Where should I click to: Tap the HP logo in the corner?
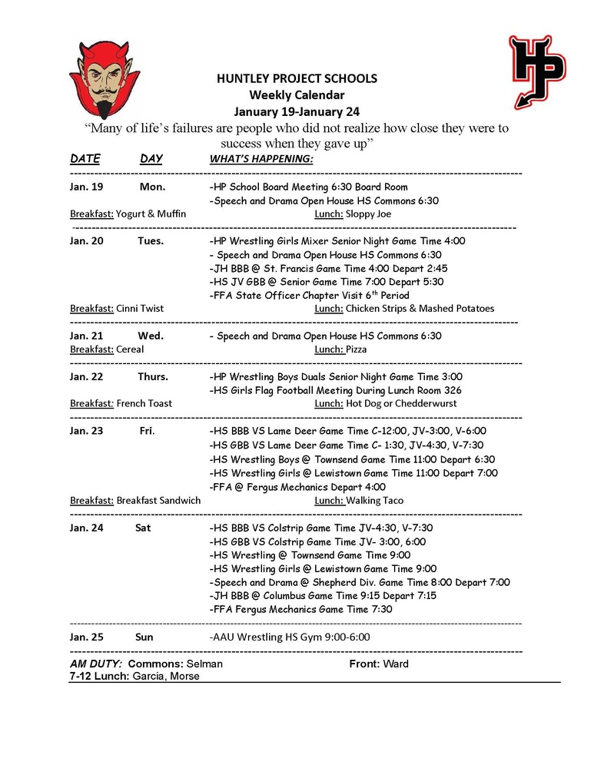click(536, 71)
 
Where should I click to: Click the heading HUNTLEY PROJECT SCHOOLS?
click(296, 79)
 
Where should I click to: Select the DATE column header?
click(85, 159)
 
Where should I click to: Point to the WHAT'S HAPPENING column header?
click(261, 159)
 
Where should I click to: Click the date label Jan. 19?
click(86, 187)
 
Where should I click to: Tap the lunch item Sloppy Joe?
click(368, 214)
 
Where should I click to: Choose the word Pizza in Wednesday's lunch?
click(357, 349)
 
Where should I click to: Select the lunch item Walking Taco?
click(374, 500)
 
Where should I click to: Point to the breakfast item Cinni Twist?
click(140, 309)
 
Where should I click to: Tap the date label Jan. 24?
click(86, 528)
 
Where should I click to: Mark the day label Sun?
click(144, 637)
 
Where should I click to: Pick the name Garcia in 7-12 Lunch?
click(149, 677)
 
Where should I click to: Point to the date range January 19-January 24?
click(297, 111)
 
